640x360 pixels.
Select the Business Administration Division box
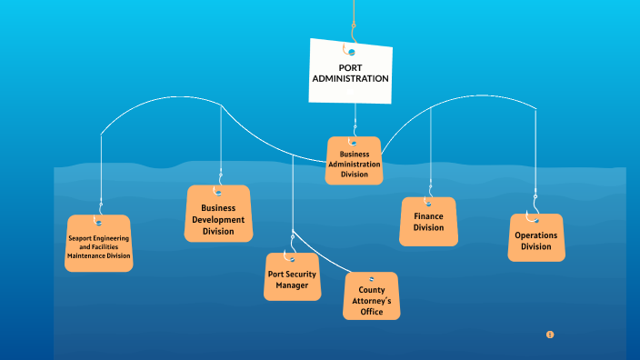355,162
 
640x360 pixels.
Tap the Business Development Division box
218,215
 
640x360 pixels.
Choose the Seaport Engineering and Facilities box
98,244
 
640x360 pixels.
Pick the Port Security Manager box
293,278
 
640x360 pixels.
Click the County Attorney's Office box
371,298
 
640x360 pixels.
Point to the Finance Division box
428,223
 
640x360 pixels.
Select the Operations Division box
535,240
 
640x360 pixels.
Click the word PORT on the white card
351,68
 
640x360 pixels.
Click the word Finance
429,217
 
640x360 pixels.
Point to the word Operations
536,235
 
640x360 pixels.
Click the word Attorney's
371,301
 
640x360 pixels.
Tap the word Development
218,220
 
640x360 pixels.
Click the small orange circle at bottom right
550,335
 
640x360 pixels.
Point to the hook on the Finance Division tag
428,202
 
